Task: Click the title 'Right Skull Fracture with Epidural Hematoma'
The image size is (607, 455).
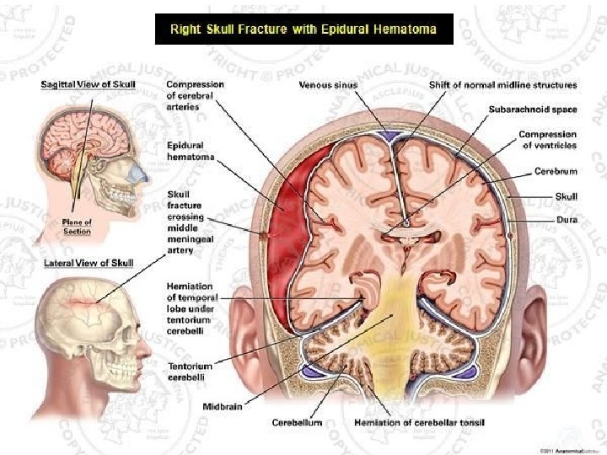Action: [304, 29]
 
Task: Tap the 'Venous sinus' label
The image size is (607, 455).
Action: [329, 85]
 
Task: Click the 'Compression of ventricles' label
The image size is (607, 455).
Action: [548, 139]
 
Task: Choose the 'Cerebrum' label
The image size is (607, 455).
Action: [556, 171]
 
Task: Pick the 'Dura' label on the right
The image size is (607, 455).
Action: [567, 220]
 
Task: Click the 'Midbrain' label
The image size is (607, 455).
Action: [223, 407]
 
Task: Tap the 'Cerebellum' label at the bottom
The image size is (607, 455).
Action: [297, 422]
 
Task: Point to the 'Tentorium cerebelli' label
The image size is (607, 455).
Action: [189, 372]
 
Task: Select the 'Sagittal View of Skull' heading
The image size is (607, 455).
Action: [88, 85]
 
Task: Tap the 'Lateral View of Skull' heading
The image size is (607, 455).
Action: [88, 264]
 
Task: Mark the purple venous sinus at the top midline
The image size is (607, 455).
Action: [389, 135]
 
